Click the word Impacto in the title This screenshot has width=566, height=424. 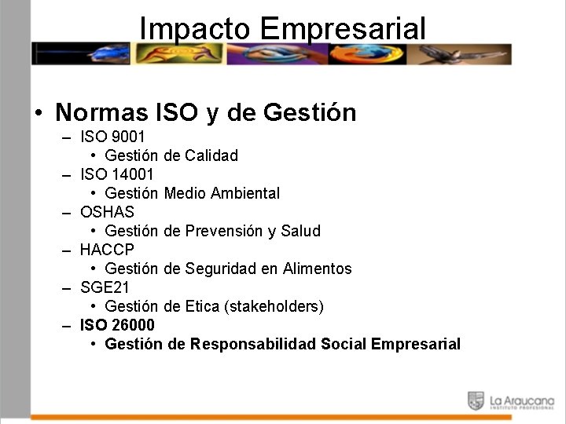194,28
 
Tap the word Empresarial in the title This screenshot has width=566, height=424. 342,28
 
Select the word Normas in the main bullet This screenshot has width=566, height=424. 101,112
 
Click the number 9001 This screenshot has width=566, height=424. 128,137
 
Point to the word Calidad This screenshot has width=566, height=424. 211,155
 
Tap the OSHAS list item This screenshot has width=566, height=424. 107,212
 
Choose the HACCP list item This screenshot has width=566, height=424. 107,250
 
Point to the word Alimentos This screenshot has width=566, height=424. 317,269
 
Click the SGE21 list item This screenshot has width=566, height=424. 105,287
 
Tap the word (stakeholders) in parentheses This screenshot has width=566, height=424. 274,306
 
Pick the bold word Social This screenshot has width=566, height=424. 344,344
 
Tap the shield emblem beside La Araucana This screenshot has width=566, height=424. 476,400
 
